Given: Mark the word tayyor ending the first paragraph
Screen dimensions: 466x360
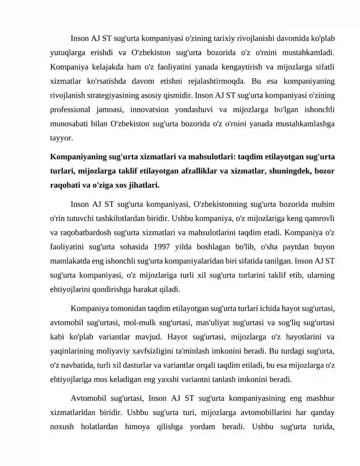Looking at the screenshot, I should tap(60, 139).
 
